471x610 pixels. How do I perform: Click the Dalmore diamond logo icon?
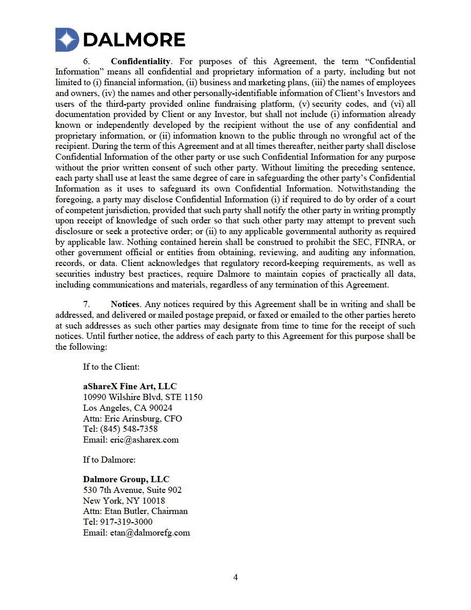67,40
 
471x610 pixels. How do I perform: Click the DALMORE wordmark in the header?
133,40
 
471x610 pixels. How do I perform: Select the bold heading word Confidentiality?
140,62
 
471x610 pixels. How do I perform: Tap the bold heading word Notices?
125,304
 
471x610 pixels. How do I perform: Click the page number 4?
235,577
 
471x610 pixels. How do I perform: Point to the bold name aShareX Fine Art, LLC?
130,386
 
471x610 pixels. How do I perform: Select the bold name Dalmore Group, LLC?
126,479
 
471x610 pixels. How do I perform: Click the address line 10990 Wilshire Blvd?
143,397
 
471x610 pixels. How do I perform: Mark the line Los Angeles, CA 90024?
128,408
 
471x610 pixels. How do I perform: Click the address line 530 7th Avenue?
132,490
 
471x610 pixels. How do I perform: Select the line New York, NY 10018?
124,501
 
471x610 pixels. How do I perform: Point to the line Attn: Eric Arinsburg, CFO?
132,418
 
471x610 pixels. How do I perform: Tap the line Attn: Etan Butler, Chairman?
135,511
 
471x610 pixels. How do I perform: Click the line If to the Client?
111,367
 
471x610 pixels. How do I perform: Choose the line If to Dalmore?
109,460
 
